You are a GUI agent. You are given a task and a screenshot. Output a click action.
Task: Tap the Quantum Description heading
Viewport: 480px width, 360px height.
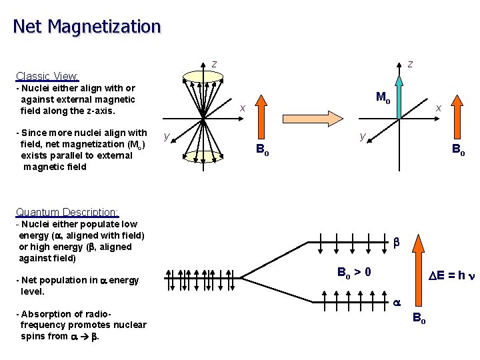(67, 213)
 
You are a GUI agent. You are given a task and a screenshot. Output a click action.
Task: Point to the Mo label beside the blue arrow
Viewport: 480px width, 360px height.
(383, 97)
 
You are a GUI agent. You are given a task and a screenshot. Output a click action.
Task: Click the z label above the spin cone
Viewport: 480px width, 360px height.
(214, 64)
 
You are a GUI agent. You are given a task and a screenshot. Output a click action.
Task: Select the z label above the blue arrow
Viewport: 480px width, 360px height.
(410, 64)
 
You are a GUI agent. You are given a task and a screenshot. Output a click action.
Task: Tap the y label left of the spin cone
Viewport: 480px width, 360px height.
(167, 137)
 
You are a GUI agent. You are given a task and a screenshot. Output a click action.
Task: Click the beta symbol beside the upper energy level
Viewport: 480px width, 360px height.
(395, 243)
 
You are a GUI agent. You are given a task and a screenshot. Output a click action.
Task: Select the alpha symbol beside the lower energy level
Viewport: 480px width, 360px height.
(395, 301)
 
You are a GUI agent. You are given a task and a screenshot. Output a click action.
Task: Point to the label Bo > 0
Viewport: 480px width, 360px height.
(354, 272)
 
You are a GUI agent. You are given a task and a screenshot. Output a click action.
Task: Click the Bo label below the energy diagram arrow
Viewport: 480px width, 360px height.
(419, 318)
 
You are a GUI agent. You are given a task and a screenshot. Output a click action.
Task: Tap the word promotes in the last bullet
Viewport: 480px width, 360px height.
(93, 325)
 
